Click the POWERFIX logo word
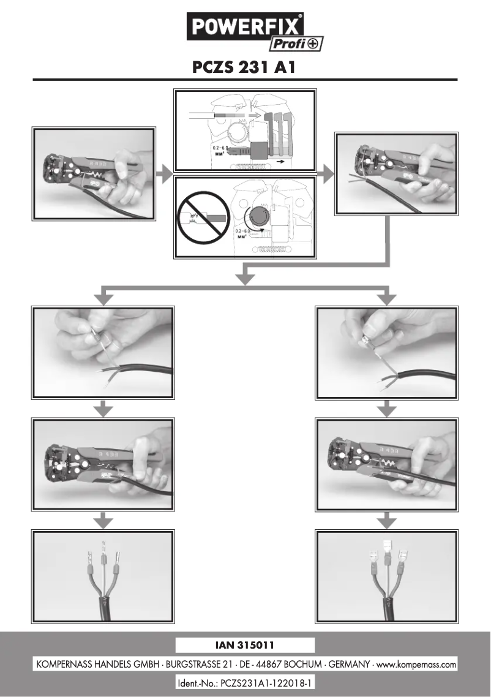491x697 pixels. (245, 27)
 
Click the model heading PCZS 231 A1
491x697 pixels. (245, 66)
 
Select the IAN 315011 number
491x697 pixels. (245, 645)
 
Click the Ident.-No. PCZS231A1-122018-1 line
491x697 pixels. (245, 682)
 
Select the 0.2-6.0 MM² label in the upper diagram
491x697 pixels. (214, 151)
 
